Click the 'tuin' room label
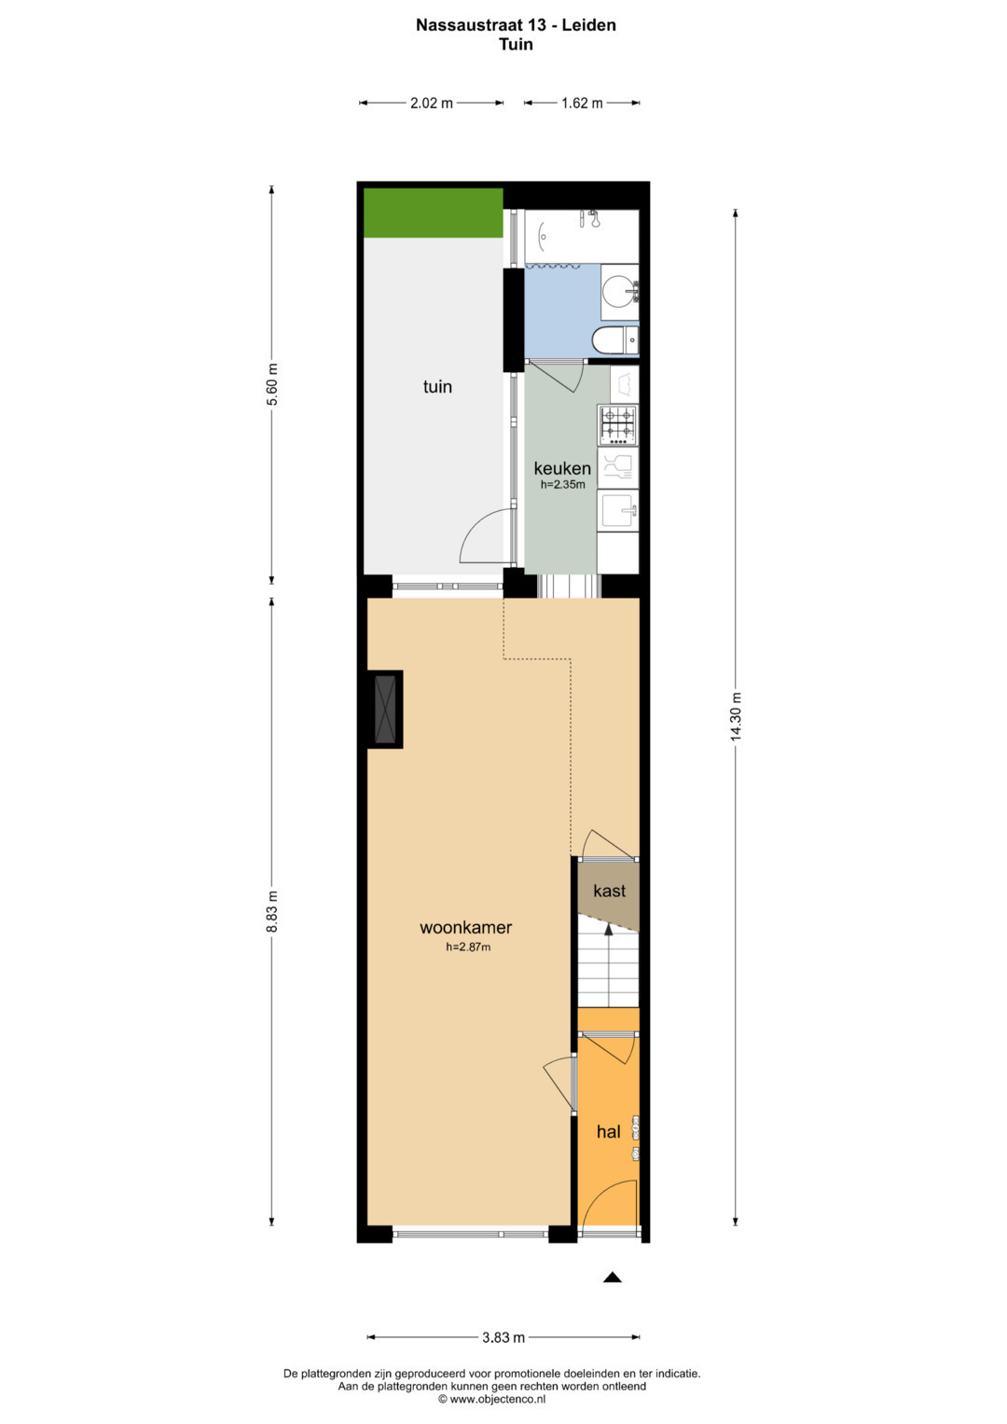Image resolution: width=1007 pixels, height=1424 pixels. (x=437, y=386)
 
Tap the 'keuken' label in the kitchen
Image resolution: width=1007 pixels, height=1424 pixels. (x=562, y=468)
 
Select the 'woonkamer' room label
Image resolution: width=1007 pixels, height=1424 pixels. (x=466, y=928)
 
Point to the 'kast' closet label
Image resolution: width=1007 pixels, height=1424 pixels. (x=609, y=891)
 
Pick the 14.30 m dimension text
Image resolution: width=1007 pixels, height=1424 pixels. (x=737, y=716)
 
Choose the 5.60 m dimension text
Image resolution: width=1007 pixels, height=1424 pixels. (x=272, y=384)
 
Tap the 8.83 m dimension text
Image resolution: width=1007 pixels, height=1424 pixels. (x=272, y=912)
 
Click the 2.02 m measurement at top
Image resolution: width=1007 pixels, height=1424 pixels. (x=432, y=103)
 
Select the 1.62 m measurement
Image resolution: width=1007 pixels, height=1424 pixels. (x=582, y=103)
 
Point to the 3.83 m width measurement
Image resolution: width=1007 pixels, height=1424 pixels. (x=504, y=1337)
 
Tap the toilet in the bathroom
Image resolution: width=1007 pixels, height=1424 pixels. (x=615, y=339)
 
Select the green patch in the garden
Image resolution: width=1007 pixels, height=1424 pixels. (x=434, y=213)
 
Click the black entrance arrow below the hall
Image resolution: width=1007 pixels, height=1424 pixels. (x=613, y=1278)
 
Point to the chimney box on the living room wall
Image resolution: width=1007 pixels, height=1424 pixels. (x=385, y=709)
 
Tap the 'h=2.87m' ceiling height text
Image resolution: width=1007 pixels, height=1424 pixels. (x=468, y=947)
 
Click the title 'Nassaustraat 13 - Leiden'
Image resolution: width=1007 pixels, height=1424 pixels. (x=517, y=25)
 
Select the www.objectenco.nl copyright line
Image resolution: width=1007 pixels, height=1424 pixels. (x=491, y=1399)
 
